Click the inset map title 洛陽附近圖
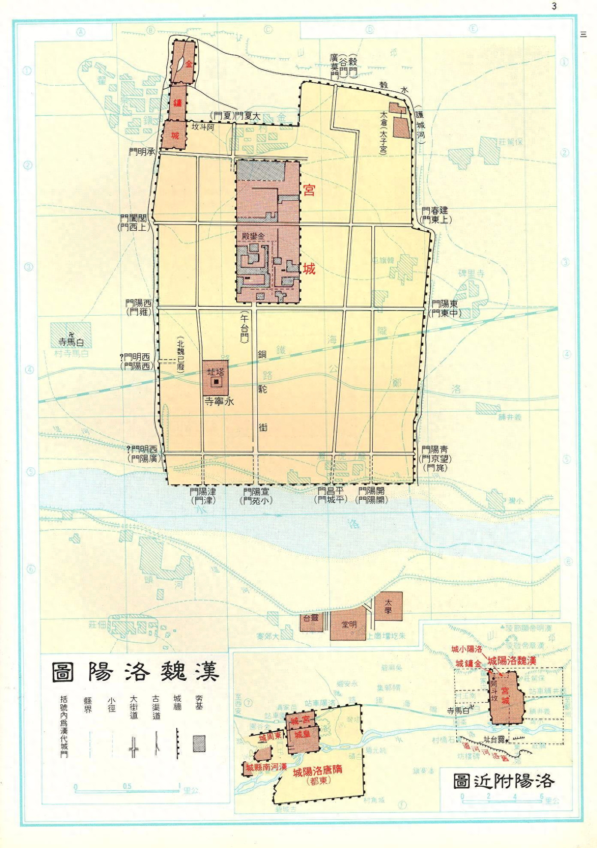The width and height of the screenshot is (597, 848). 504,781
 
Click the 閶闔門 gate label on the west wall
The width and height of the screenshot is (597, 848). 135,217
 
